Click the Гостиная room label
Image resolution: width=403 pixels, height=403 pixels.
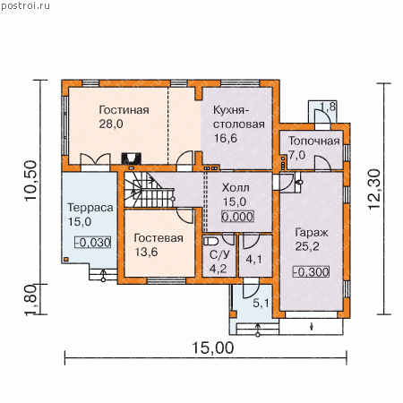pos(124,110)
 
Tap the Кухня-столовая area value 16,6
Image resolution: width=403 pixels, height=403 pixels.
pos(226,138)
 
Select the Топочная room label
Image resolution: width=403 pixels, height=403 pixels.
pos(314,141)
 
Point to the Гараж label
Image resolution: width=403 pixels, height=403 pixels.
pos(312,233)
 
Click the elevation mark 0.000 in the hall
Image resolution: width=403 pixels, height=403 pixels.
pos(237,217)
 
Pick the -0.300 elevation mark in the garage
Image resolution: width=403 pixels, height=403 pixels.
pos(312,272)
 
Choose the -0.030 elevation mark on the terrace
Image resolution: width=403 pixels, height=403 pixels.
pos(93,243)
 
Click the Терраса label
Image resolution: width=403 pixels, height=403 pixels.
pos(90,208)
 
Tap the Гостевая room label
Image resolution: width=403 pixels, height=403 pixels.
pos(159,238)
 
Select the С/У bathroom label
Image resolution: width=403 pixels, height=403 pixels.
pos(219,254)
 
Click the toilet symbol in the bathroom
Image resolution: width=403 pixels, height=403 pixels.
pos(211,241)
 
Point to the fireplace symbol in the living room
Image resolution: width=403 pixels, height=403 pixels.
pos(131,158)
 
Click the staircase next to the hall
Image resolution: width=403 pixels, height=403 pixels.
pos(149,190)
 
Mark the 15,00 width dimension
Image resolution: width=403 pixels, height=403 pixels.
pos(212,348)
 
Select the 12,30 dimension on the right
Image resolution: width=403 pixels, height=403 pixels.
pos(374,189)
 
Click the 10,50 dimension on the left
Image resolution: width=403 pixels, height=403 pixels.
pos(31,181)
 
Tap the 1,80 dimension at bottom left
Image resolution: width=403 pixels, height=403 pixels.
pos(31,300)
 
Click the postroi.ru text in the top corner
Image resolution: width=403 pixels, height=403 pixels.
pos(25,5)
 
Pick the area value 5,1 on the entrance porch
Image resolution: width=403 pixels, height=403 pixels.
pos(261,304)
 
